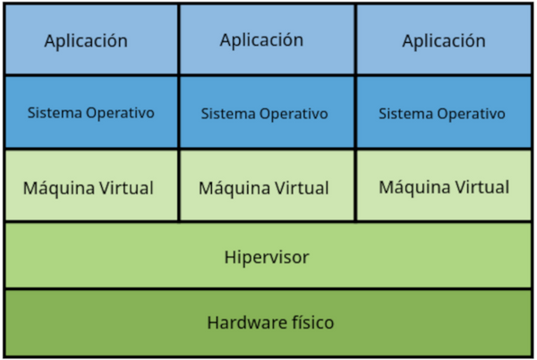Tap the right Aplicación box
(x=444, y=40)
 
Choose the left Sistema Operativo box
(x=90, y=114)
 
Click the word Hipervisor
(x=267, y=257)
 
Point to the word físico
(x=310, y=322)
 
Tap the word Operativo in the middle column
(x=292, y=115)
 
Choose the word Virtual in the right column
(x=481, y=187)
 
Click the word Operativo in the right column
(x=469, y=115)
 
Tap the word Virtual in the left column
(x=125, y=189)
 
